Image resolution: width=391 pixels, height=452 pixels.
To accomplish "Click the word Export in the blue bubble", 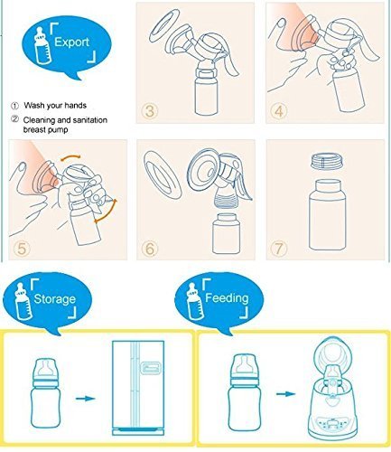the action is tap(71, 42).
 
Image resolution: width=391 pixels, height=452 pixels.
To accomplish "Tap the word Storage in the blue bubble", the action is tap(54, 298).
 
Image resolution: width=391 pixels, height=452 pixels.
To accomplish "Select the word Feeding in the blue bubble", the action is tap(227, 298).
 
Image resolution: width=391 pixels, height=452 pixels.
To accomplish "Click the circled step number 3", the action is tap(150, 111).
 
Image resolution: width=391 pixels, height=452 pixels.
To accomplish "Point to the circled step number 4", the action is tap(279, 111).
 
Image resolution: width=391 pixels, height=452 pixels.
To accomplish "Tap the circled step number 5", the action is tap(22, 249).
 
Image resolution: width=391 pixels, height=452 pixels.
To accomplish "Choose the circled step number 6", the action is tap(150, 249).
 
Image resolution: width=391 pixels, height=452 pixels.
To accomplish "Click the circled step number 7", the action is tap(279, 249).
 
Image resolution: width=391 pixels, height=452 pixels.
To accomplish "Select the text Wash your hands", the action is tap(55, 106).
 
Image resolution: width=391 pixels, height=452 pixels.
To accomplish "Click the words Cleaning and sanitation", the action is tap(65, 120).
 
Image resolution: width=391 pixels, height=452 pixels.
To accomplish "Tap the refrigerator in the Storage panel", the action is tap(138, 388).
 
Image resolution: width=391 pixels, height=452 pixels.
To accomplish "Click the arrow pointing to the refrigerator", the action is tap(85, 399).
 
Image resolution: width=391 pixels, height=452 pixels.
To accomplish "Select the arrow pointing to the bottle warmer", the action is tap(285, 394).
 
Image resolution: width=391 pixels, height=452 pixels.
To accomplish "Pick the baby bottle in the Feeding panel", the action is tap(243, 392).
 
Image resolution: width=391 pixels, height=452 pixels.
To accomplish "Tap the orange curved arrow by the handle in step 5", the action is tap(107, 211).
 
